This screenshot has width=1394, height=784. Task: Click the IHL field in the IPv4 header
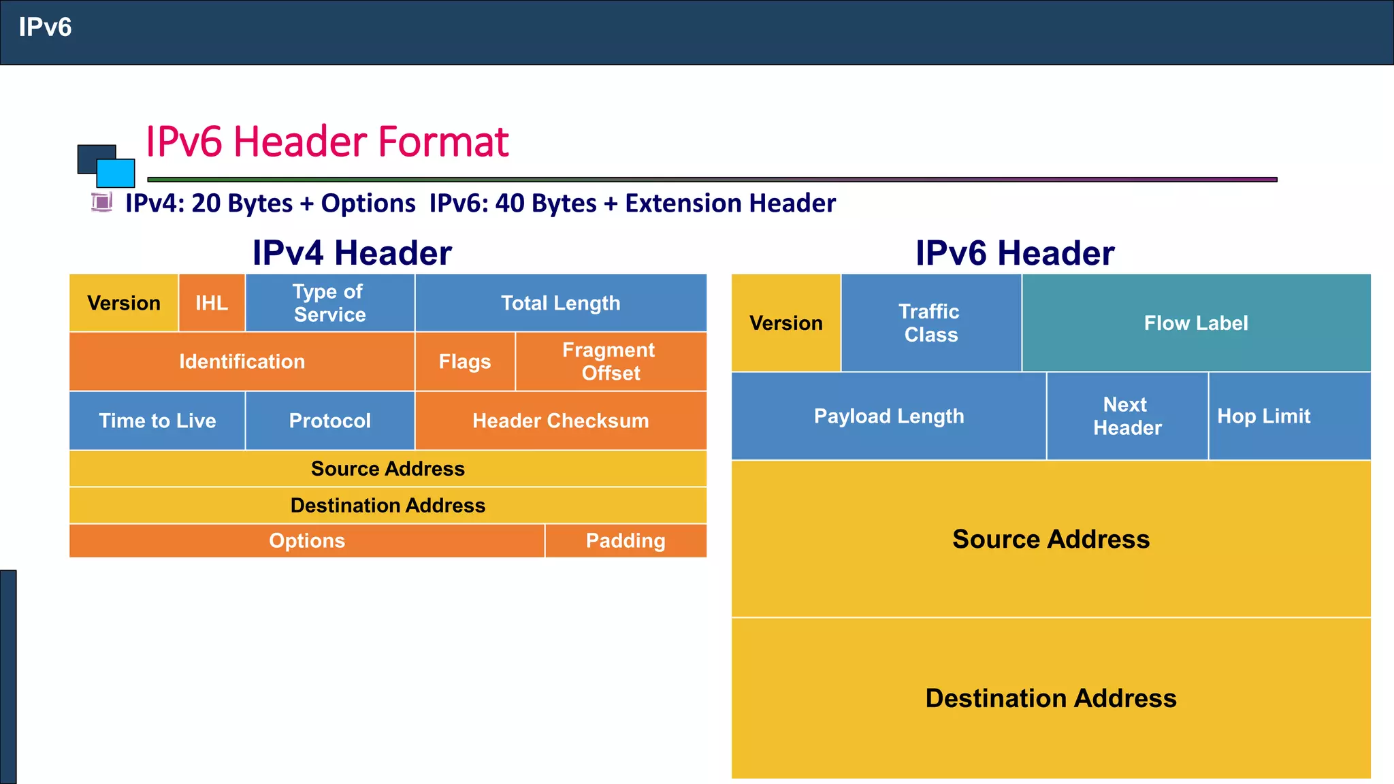(212, 303)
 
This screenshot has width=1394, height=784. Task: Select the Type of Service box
(330, 303)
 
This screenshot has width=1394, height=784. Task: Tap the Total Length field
(561, 303)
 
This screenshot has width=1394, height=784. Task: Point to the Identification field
(242, 361)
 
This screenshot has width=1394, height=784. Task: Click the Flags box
(465, 361)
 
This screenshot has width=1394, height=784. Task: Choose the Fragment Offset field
(611, 361)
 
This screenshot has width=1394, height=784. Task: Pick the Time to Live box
(157, 421)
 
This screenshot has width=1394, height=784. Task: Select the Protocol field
(330, 421)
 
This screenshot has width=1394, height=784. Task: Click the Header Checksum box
(561, 421)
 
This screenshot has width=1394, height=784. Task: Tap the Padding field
(626, 540)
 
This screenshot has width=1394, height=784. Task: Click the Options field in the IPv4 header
(307, 540)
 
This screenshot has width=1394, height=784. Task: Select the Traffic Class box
(930, 323)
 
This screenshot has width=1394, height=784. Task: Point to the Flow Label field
(1196, 323)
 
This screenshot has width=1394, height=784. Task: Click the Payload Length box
(889, 416)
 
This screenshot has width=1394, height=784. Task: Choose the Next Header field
(1127, 416)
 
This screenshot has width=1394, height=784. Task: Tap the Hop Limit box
(1264, 416)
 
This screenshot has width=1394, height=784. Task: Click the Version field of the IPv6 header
(786, 323)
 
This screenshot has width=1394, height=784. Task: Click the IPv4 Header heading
(352, 253)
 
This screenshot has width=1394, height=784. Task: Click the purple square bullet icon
(102, 202)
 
